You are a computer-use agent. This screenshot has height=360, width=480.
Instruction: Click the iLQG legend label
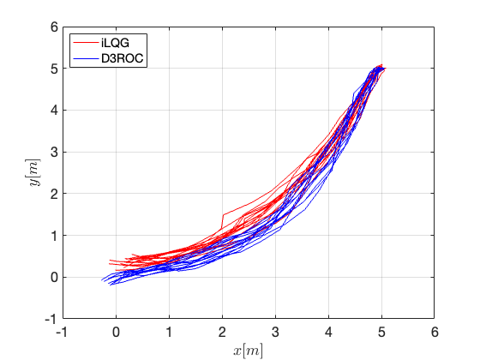115,43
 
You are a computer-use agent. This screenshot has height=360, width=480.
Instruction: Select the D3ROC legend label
122,58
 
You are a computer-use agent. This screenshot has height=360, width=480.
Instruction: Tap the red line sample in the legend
86,43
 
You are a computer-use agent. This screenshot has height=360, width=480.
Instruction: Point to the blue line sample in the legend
86,58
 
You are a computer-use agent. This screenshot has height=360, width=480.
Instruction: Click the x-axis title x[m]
248,351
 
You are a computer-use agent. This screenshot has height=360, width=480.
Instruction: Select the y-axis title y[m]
34,172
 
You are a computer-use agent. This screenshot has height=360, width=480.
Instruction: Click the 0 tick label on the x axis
116,333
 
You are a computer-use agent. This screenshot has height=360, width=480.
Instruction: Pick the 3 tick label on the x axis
275,333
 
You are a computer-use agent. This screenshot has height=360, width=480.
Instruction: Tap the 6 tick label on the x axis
435,333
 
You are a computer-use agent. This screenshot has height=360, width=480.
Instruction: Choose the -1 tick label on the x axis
62,333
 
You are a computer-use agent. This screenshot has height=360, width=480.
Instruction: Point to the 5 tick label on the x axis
381,333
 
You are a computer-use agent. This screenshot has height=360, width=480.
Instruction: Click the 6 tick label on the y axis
54,27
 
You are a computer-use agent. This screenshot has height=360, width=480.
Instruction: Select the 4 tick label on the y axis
54,111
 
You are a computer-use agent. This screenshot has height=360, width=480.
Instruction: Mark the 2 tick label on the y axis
54,194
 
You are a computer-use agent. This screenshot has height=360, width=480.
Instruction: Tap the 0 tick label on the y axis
54,278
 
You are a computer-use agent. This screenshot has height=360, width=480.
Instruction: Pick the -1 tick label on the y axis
51,319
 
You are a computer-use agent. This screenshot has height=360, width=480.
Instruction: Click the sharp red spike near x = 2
224,215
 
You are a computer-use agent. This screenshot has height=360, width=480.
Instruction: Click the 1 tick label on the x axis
170,333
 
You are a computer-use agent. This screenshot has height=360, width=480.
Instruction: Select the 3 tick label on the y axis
54,153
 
